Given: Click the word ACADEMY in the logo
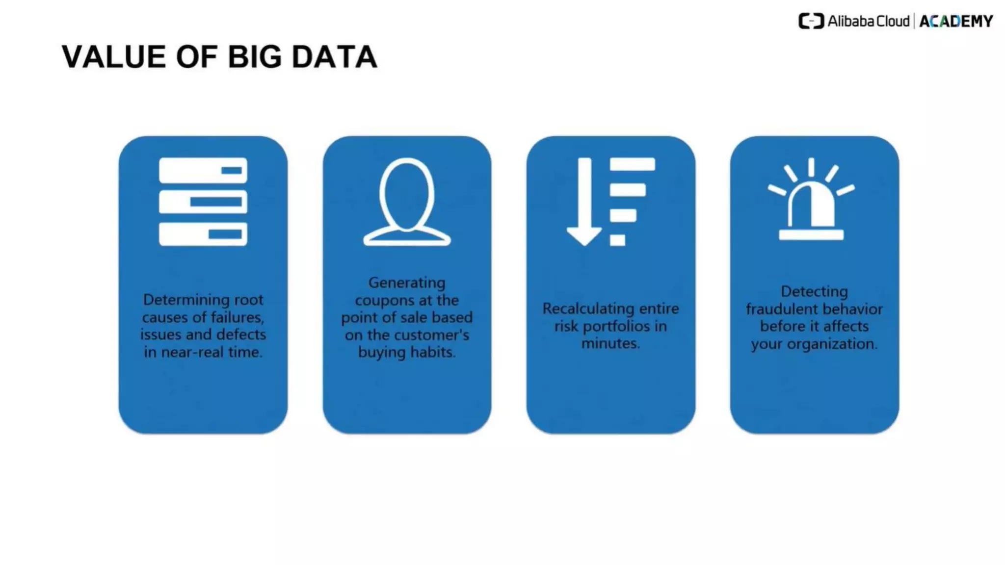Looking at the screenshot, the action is point(956,22).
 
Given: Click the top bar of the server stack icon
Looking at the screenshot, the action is point(203,170).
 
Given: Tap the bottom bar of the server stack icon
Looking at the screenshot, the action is point(203,234).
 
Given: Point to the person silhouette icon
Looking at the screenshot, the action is point(407,202).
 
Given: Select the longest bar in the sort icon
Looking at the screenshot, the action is point(632,164).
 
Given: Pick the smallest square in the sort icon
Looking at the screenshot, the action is point(617,240).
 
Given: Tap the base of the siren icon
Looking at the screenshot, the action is point(811,235).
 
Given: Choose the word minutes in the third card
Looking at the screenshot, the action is point(610,343).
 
